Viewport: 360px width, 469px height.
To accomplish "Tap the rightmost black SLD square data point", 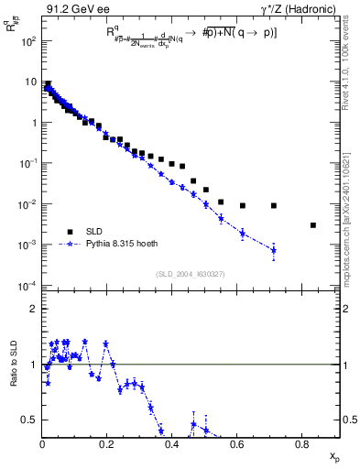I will pyautogui.click(x=313, y=224).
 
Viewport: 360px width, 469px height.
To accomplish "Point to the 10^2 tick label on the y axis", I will pyautogui.click(x=29, y=41).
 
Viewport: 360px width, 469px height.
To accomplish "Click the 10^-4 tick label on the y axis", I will pyautogui.click(x=29, y=286).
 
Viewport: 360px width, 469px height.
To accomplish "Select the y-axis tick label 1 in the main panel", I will pyautogui.click(x=33, y=123).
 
